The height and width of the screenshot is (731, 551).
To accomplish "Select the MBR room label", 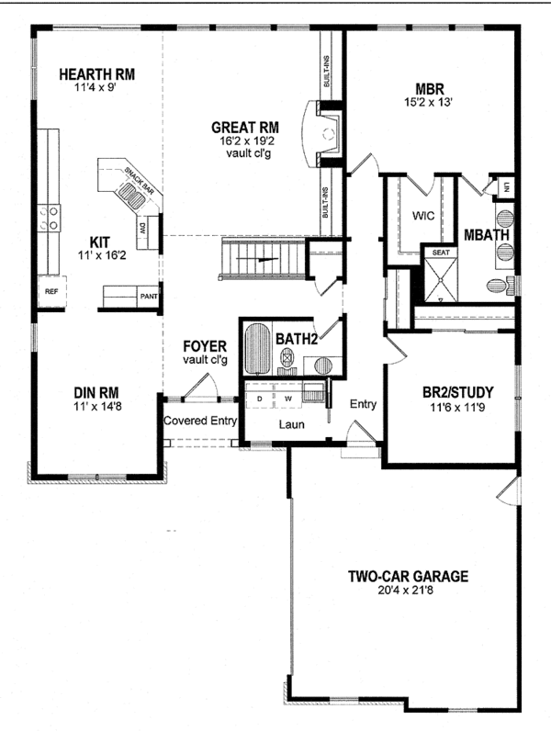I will click(430, 89).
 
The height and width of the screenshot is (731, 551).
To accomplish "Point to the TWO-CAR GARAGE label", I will click(408, 577).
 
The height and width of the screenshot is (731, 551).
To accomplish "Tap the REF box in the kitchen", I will click(51, 291).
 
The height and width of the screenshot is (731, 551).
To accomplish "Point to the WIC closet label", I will click(423, 218).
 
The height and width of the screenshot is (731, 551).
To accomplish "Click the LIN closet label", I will click(504, 187).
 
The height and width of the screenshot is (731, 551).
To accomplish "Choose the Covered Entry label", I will click(200, 421).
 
